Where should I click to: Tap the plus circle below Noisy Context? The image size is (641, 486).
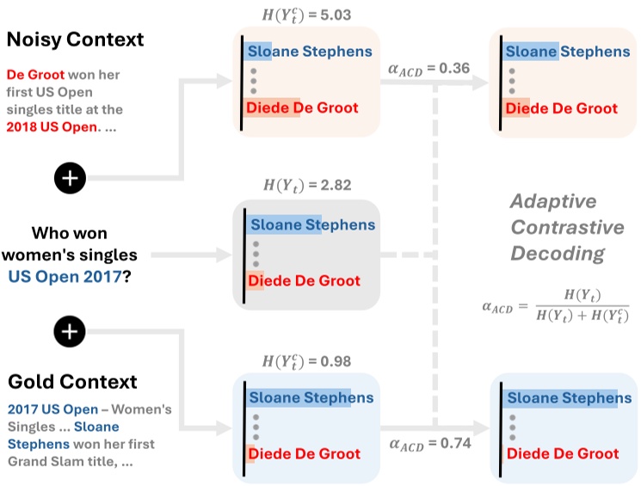pyautogui.click(x=71, y=178)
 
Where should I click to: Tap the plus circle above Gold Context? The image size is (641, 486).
pyautogui.click(x=71, y=329)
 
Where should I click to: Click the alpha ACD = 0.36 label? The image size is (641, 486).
pyautogui.click(x=429, y=67)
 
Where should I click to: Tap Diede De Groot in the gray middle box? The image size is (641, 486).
pyautogui.click(x=304, y=281)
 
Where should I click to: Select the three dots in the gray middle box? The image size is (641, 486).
pyautogui.click(x=254, y=254)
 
